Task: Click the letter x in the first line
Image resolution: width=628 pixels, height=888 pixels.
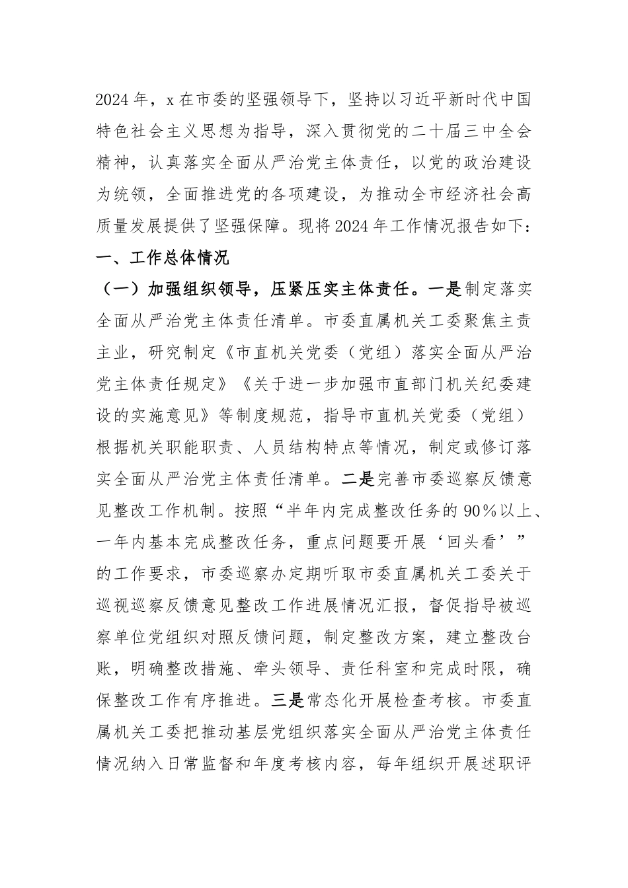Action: coord(169,100)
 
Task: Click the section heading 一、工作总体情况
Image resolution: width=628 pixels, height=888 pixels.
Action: coord(162,258)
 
